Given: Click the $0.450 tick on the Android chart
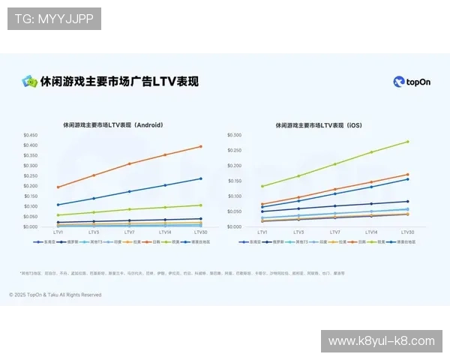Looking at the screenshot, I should (x=30, y=135).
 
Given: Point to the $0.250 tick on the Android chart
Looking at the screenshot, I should (x=30, y=175).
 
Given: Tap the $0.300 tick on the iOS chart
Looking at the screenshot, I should (x=233, y=135).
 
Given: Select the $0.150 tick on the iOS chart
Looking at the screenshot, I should (x=233, y=181).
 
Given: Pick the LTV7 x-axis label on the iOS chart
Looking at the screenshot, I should (x=334, y=232).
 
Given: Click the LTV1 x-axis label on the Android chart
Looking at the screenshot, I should (x=58, y=232).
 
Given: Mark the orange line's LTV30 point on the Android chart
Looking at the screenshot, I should (x=200, y=146).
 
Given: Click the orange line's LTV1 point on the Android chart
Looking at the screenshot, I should (x=58, y=187).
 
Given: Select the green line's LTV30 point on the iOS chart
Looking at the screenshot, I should (x=407, y=141).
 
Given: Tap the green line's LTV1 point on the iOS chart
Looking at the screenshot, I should (x=262, y=186).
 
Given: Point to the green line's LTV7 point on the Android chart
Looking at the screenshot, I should (x=129, y=209).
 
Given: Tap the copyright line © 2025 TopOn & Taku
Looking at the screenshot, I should (x=55, y=295).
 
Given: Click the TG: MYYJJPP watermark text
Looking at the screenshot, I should (x=53, y=19).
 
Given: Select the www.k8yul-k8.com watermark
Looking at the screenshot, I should (x=381, y=341).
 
